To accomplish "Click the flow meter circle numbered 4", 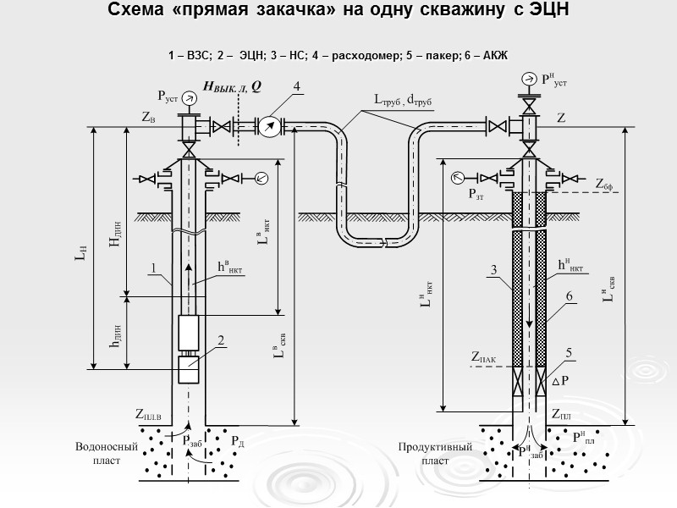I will (270, 126).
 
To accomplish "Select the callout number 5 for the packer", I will (570, 352).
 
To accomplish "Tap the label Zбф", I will (604, 183).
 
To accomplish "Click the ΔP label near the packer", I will (559, 382).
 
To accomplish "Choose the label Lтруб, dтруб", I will (403, 99).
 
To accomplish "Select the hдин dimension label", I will (116, 335).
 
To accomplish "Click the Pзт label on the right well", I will (479, 193).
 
